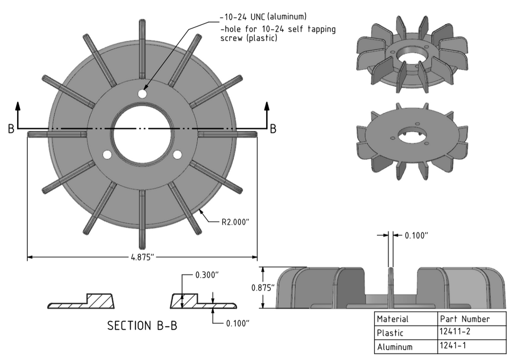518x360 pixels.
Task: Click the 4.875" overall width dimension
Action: [142, 257]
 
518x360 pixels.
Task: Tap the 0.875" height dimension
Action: [263, 288]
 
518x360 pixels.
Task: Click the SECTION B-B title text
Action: [142, 326]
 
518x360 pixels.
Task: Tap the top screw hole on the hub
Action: [143, 94]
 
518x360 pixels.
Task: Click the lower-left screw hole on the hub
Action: [107, 154]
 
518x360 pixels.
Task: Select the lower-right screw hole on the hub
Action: [178, 154]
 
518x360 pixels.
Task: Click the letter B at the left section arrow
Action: [11, 130]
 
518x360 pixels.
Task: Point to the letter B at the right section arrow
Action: [273, 129]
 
